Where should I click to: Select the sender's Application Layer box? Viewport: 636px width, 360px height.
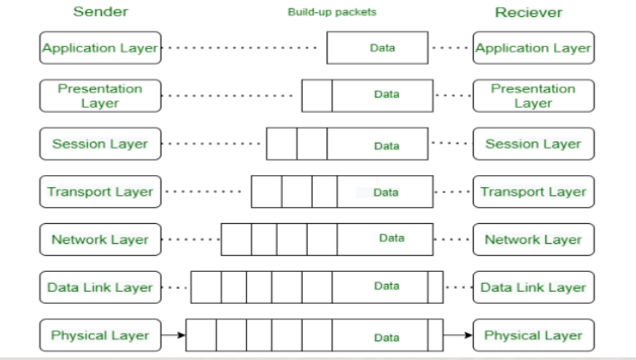pos(100,48)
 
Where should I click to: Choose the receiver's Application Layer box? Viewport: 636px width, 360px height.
pos(533,48)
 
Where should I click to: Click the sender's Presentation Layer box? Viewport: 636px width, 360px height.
pos(100,96)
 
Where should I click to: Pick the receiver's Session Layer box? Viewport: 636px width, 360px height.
pos(533,144)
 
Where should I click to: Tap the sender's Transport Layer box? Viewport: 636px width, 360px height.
pos(100,192)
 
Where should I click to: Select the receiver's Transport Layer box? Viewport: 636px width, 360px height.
pos(533,192)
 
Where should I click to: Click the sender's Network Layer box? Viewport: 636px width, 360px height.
pos(100,239)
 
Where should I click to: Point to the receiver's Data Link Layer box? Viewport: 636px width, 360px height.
pos(533,287)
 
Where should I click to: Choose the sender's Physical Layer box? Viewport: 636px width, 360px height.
pos(100,335)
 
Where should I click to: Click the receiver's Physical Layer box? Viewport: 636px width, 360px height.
pos(533,335)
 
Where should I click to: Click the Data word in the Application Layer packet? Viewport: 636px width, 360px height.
pos(382,48)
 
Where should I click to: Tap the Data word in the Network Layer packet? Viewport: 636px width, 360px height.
pos(392,238)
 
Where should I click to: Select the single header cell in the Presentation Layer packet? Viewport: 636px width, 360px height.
pos(317,96)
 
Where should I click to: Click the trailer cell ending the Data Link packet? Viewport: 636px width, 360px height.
pos(435,287)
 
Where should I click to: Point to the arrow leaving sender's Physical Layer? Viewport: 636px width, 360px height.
pos(174,335)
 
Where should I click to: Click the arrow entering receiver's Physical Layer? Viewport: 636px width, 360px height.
pos(458,335)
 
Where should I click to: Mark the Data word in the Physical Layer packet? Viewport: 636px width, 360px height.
pos(386,338)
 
